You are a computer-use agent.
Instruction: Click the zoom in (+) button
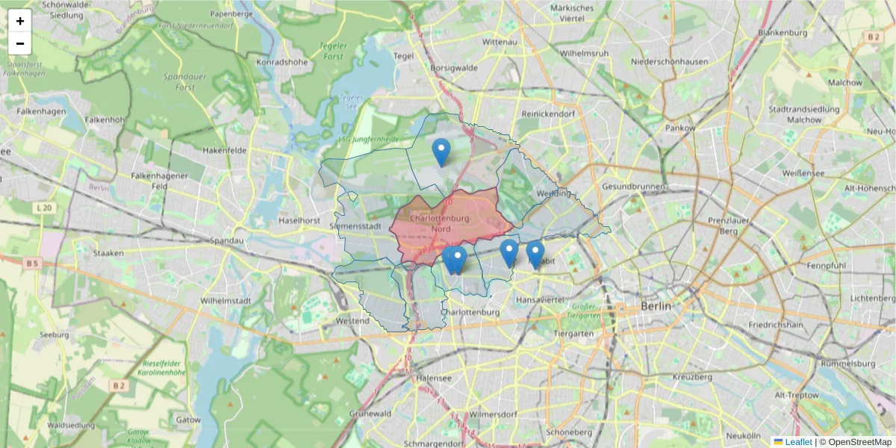click(x=19, y=21)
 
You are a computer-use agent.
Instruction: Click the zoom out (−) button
click(x=19, y=43)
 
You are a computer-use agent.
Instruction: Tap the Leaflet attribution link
click(x=797, y=442)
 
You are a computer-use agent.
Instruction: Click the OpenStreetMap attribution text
click(x=859, y=442)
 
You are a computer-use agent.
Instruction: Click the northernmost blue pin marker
click(x=441, y=152)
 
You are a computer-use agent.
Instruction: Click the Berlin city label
click(x=656, y=306)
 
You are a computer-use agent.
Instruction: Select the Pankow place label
click(x=680, y=128)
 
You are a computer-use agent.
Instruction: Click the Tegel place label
click(x=403, y=56)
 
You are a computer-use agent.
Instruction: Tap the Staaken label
click(x=108, y=253)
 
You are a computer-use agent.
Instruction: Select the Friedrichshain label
click(x=776, y=326)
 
